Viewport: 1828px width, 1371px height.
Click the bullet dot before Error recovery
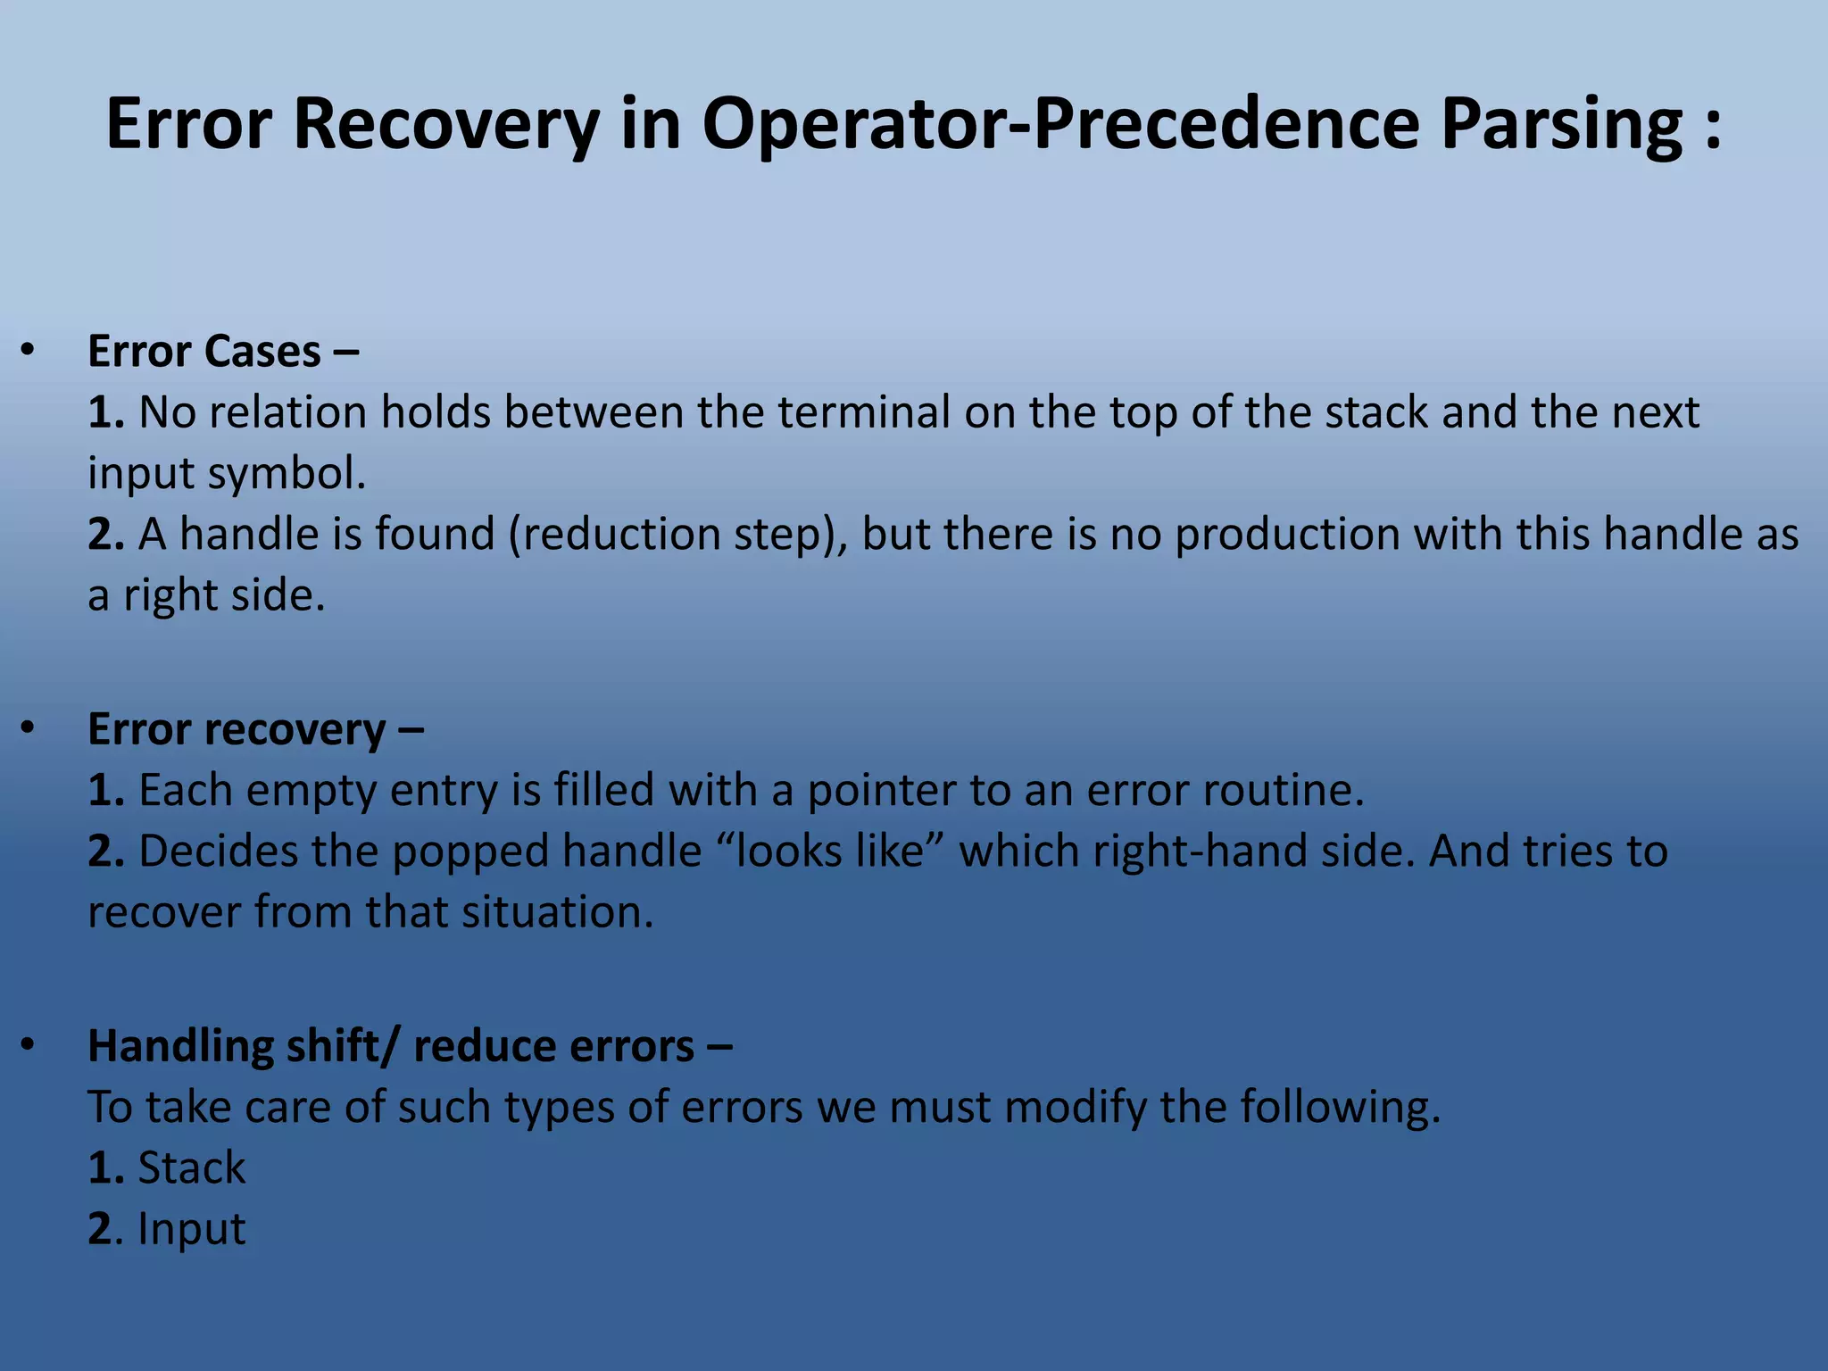click(28, 728)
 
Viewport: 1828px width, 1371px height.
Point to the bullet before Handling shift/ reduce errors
click(28, 1045)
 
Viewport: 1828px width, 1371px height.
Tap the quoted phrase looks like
click(829, 851)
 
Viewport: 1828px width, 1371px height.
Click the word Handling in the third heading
click(179, 1046)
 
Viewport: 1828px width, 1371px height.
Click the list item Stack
click(191, 1167)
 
